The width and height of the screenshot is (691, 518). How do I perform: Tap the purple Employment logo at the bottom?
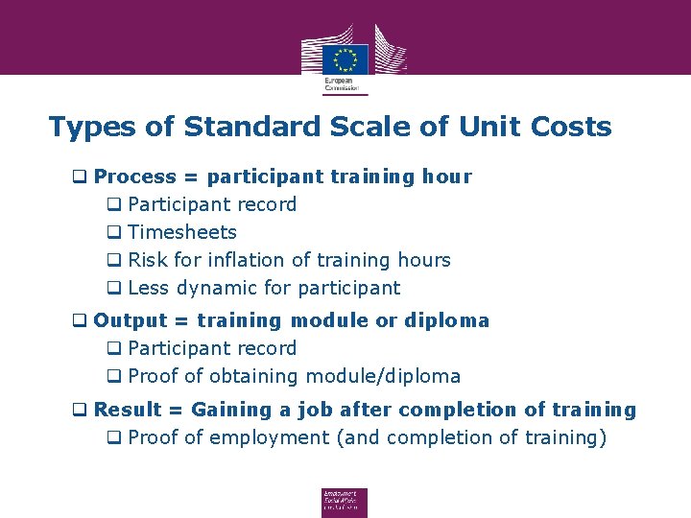coord(345,503)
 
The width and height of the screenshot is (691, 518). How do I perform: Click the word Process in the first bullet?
coord(135,177)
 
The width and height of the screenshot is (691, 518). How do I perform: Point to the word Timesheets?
coord(182,232)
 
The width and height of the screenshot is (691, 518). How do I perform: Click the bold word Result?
coord(128,410)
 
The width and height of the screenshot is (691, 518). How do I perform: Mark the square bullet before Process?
coord(82,177)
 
